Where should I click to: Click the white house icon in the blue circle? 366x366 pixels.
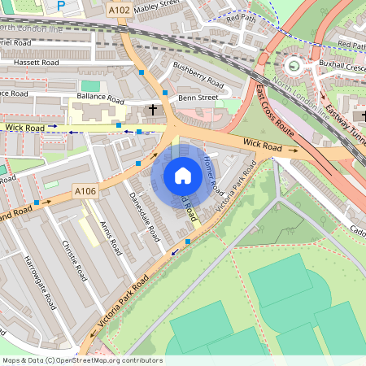click(182, 176)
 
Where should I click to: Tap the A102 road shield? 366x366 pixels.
click(119, 11)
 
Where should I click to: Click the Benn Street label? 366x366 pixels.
click(198, 98)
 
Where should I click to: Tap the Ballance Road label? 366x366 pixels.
click(99, 99)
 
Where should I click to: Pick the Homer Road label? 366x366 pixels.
click(212, 175)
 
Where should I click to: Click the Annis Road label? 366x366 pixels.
click(109, 237)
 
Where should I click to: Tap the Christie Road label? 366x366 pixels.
click(74, 260)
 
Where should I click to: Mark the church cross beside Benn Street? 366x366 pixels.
click(152, 109)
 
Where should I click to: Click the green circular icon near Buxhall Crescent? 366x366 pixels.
click(294, 65)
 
